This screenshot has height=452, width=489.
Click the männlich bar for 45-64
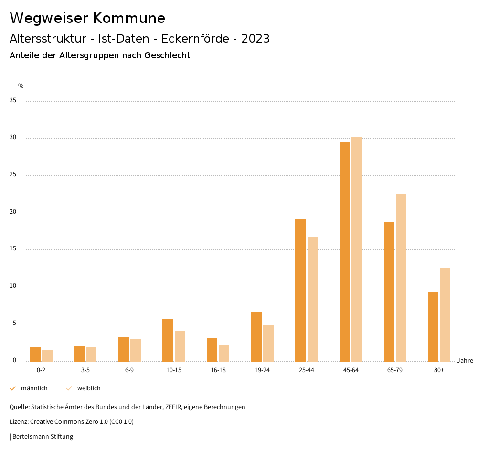pos(345,251)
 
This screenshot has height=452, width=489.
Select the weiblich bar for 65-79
pos(401,278)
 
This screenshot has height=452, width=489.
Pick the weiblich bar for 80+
pos(445,314)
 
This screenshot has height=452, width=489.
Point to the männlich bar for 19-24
pos(256,336)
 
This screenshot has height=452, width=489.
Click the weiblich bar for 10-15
pos(180,346)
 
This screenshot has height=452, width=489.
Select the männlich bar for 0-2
pos(35,354)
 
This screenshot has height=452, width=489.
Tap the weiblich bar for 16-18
pos(224,353)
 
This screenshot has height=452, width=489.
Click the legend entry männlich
pos(34,388)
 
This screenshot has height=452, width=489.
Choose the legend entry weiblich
pos(89,388)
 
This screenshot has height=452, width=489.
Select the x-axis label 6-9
pos(129,370)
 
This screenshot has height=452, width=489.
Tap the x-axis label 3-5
pos(85,370)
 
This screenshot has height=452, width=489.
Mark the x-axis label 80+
pos(439,370)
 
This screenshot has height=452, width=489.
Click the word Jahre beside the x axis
pos(465,361)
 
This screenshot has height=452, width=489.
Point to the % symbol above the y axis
pos(21,86)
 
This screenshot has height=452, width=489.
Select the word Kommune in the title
pos(129,18)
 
